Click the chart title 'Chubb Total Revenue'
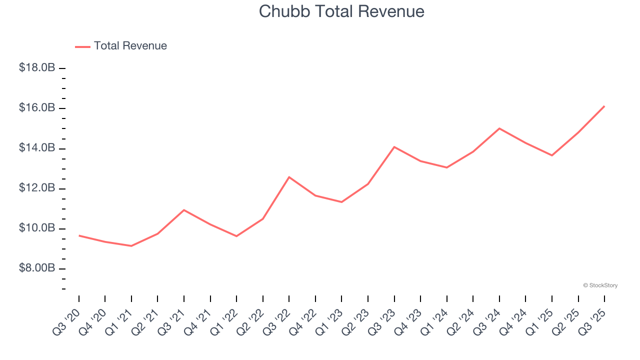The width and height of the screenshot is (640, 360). pyautogui.click(x=341, y=11)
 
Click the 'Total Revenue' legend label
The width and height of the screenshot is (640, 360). pyautogui.click(x=130, y=46)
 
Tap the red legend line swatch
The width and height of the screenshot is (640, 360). pyautogui.click(x=82, y=46)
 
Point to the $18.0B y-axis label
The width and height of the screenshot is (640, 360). pyautogui.click(x=37, y=67)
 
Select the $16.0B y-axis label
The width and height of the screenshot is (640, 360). pyautogui.click(x=37, y=108)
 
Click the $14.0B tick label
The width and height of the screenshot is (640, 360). pyautogui.click(x=37, y=148)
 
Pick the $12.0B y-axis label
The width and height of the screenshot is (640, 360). pyautogui.click(x=37, y=188)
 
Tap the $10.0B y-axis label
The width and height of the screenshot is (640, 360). pyautogui.click(x=37, y=228)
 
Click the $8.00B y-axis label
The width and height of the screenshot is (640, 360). pyautogui.click(x=37, y=268)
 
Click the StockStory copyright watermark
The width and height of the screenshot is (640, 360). pyautogui.click(x=600, y=285)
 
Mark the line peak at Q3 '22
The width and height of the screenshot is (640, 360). pyautogui.click(x=289, y=177)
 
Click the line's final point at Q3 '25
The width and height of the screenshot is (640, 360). pyautogui.click(x=604, y=106)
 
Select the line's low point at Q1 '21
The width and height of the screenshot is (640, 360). pyautogui.click(x=131, y=246)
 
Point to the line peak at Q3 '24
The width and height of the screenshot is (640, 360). pyautogui.click(x=499, y=128)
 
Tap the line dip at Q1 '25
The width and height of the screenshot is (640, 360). pyautogui.click(x=552, y=155)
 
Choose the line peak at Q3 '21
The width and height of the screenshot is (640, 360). pyautogui.click(x=184, y=210)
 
